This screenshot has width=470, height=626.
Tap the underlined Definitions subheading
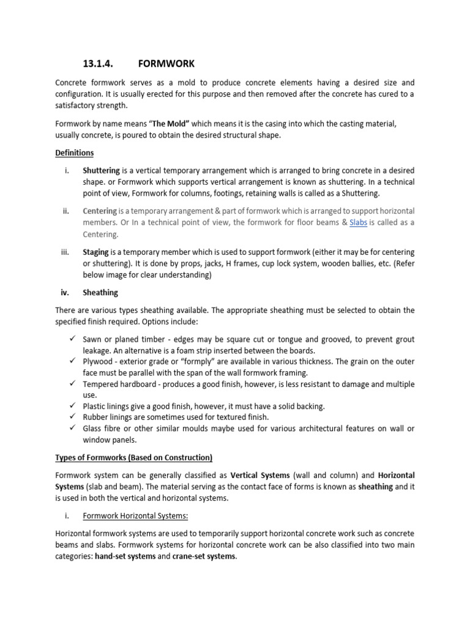point(75,153)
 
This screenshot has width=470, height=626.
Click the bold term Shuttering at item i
point(101,171)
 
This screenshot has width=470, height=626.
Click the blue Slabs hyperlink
point(358,223)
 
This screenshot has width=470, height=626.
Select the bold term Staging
point(95,252)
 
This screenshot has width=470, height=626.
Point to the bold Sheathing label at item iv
point(100,293)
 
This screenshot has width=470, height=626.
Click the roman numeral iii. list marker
point(65,252)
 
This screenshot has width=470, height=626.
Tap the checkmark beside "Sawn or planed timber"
point(72,339)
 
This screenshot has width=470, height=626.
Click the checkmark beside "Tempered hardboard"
point(72,384)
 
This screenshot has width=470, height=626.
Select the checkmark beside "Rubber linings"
point(72,417)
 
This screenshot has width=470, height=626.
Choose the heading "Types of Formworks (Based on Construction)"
point(133,457)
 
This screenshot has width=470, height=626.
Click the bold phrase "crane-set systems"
point(203,557)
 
